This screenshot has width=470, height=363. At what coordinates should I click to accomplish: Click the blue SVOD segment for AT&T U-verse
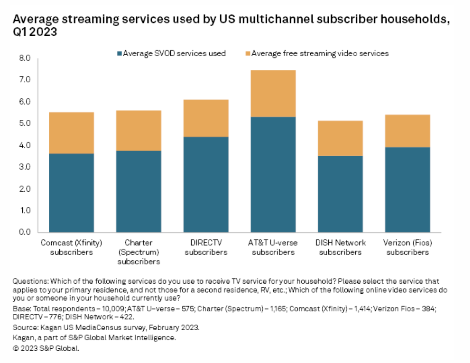(273, 174)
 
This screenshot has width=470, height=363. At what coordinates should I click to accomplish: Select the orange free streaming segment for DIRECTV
(206, 118)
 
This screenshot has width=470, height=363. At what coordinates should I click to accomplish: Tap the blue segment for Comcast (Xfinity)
(71, 193)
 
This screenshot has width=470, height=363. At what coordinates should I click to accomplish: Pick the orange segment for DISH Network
(341, 138)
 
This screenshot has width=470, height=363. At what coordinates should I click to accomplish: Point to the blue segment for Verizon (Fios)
(408, 189)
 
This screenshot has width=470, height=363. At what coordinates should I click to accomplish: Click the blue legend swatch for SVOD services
(119, 54)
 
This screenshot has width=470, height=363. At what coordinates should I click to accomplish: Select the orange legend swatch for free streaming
(248, 54)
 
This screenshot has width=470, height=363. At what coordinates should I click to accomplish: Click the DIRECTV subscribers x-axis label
(206, 247)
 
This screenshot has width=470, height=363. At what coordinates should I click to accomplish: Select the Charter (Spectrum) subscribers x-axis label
(139, 252)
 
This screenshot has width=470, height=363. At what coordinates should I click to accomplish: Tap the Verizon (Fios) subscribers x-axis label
(408, 247)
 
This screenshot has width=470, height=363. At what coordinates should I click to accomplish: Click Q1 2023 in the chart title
(35, 32)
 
